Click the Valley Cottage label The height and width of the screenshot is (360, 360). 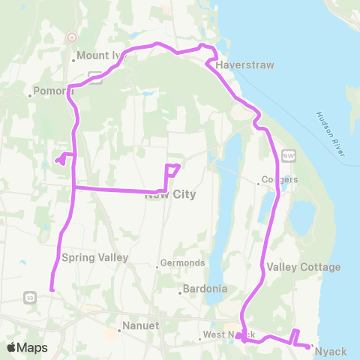[x=304, y=267]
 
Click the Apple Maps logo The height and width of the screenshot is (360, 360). [x=27, y=347]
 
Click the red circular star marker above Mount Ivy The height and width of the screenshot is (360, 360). [x=71, y=36]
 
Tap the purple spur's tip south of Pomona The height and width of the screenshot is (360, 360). [x=57, y=159]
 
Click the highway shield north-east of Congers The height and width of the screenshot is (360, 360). [x=288, y=154]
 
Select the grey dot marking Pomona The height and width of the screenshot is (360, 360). [x=29, y=95]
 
